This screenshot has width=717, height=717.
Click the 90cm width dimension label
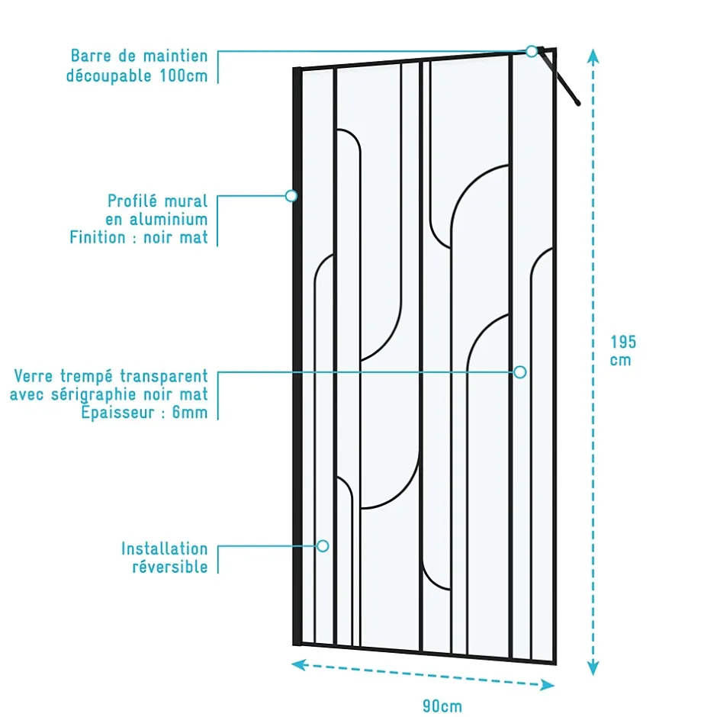click(x=442, y=706)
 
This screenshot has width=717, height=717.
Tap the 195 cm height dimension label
click(x=623, y=351)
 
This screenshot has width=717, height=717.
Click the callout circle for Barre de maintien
click(x=532, y=51)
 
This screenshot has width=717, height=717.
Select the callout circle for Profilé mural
click(x=291, y=196)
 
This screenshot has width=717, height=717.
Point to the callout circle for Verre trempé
click(x=520, y=372)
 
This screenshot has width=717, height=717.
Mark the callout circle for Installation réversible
click(x=323, y=546)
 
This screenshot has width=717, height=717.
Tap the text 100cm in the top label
click(x=184, y=76)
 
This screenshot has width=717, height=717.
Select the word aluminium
click(x=169, y=220)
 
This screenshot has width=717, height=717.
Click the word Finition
click(x=98, y=237)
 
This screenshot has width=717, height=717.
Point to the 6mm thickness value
click(x=190, y=413)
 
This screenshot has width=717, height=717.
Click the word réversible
click(x=170, y=567)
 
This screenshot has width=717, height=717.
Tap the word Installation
click(x=165, y=548)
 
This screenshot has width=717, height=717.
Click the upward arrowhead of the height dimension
click(x=593, y=56)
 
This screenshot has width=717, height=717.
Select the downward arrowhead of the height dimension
click(x=593, y=667)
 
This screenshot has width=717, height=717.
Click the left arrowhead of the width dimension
click(x=298, y=664)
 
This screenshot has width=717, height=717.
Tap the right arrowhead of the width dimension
click(x=548, y=684)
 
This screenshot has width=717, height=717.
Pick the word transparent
click(x=164, y=376)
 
